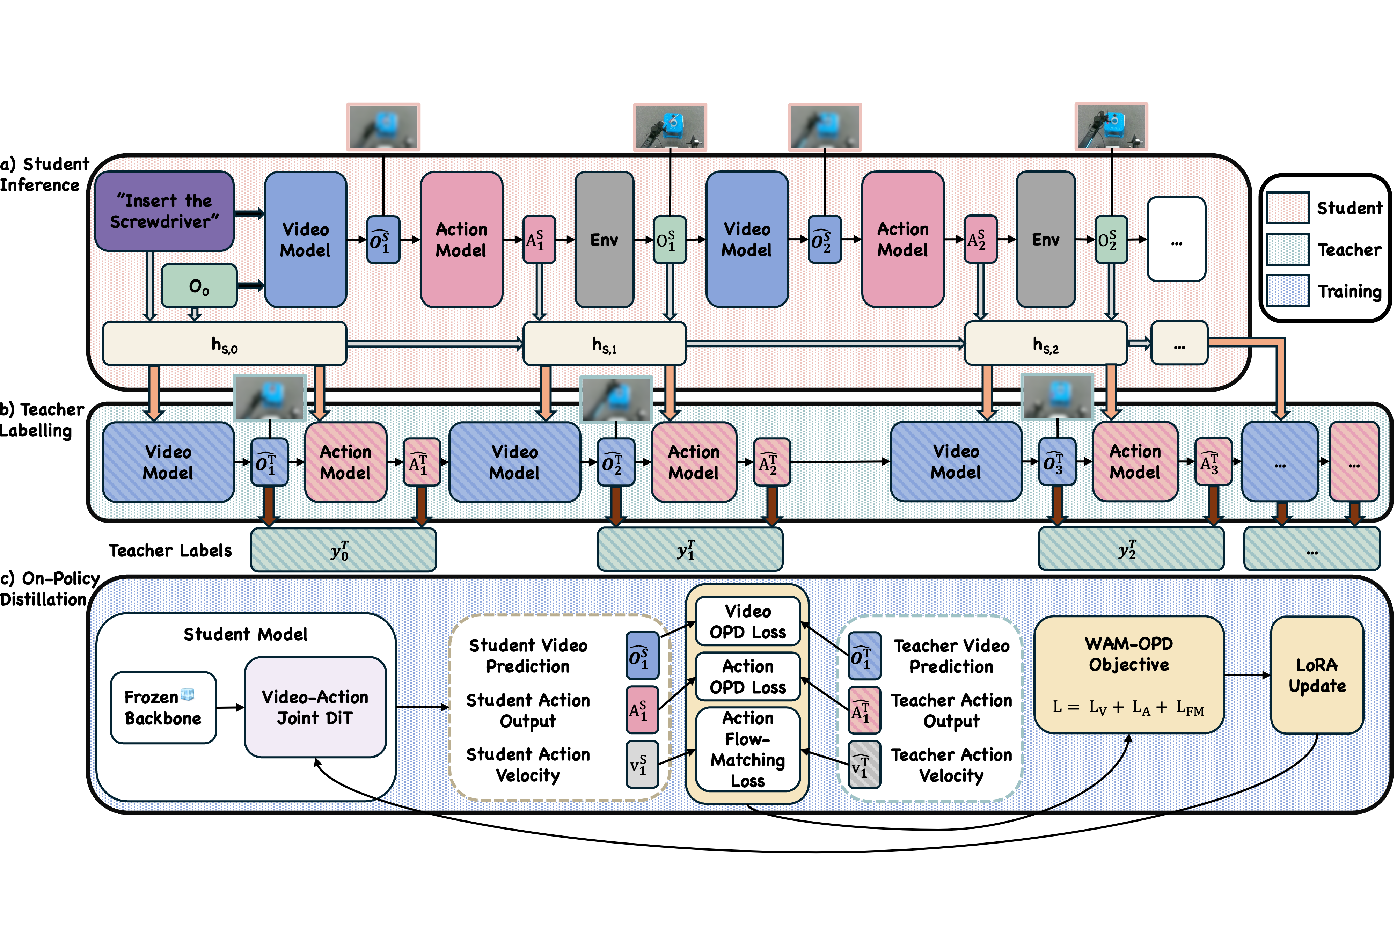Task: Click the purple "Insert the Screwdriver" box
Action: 164,211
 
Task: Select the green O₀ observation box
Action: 199,286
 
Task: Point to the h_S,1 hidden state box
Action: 604,344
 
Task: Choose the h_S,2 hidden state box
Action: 1046,344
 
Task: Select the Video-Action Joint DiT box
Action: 315,707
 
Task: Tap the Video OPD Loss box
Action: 748,621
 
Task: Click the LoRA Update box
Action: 1317,675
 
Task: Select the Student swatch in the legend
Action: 1288,208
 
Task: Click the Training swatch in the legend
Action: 1288,291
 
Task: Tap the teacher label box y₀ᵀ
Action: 343,549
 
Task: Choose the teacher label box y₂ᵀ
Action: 1131,549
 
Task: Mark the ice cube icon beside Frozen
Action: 188,695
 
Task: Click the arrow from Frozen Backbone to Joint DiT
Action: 230,707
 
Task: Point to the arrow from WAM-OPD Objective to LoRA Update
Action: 1247,675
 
